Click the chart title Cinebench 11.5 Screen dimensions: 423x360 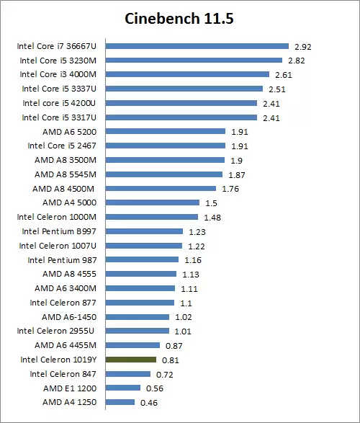click(179, 17)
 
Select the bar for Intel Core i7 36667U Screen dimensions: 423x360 click(197, 46)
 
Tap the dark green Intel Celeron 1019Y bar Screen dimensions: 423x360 click(131, 359)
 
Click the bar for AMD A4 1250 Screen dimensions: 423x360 click(120, 402)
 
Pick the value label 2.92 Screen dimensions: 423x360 click(302, 46)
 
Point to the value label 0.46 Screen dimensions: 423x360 click(149, 402)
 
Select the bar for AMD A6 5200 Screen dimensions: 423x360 click(166, 132)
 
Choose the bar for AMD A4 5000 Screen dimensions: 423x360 click(153, 202)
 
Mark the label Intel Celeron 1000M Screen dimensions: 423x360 click(58, 217)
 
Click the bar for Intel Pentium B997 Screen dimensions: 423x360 click(144, 231)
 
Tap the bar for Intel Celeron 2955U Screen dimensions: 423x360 click(138, 331)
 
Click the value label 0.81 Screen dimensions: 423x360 click(171, 360)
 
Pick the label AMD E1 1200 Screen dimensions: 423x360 click(73, 388)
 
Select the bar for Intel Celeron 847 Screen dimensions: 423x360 click(128, 374)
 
